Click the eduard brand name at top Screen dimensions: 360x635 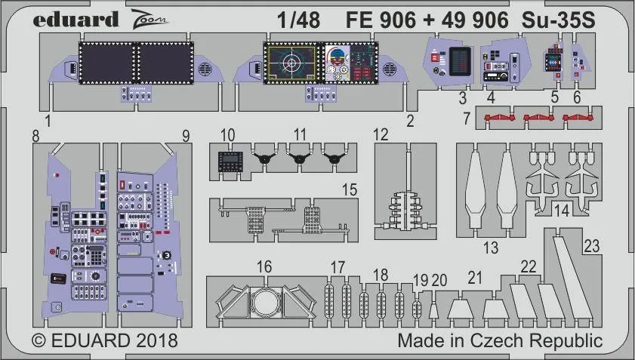pos(76,20)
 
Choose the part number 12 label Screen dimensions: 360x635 pos(381,134)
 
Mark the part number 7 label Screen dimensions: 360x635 pos(467,118)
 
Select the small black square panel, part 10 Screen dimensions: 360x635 pos(229,161)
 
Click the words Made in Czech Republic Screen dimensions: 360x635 pos(500,340)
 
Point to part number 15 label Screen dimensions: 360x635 pos(349,190)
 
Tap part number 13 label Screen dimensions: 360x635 pos(491,247)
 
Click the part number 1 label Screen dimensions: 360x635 pos(48,120)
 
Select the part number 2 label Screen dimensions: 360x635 pos(411,120)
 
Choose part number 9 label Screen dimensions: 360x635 pos(186,137)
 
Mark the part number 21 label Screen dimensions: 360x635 pos(474,278)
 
